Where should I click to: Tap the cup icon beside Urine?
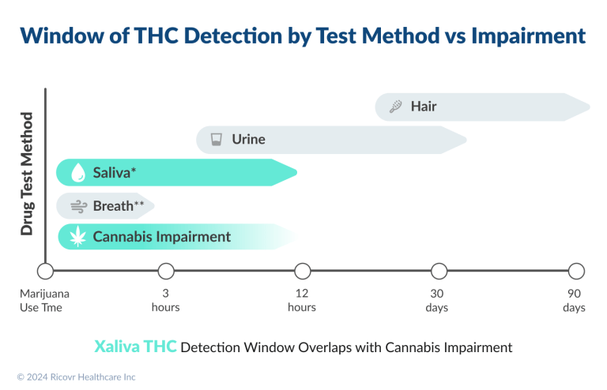tap(215, 141)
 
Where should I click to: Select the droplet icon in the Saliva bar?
tap(77, 173)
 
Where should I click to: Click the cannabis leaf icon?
tap(77, 237)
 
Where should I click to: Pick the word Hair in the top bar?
tap(424, 107)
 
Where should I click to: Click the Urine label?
tap(248, 140)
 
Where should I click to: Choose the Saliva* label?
tap(115, 173)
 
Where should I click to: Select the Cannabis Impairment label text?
tap(161, 236)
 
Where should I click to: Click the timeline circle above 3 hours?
tap(166, 272)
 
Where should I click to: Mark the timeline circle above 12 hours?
tap(302, 272)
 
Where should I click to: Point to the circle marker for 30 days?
tap(437, 272)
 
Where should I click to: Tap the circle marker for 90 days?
tap(576, 272)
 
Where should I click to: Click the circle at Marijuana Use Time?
tap(45, 272)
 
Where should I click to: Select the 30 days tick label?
tap(437, 300)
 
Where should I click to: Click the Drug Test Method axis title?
tap(28, 174)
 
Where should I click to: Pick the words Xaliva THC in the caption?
tap(135, 347)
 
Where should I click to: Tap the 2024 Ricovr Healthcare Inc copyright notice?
tap(76, 377)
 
